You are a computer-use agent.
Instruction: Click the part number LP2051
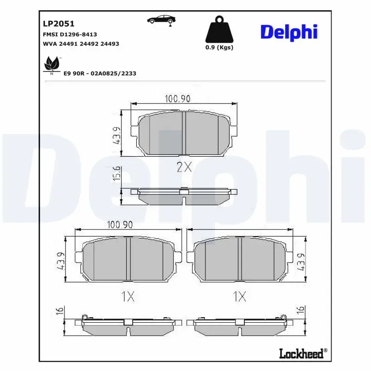pos(52,23)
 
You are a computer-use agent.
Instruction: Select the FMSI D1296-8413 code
pos(70,35)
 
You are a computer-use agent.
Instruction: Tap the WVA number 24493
pos(110,44)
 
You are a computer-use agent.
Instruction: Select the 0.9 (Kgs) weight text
pos(219,47)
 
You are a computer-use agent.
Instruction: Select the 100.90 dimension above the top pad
pos(178,98)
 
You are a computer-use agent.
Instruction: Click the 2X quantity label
pos(184,167)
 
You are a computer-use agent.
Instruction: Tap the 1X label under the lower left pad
pos(128,297)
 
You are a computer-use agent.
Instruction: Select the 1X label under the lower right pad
pos(239,297)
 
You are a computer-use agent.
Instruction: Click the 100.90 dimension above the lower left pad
pos(120,225)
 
